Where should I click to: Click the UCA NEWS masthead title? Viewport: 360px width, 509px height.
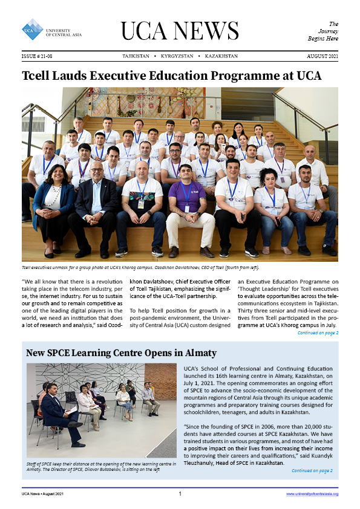(180, 30)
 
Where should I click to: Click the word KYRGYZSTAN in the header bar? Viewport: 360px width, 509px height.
(177, 56)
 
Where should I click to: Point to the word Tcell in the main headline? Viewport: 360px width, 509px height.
(39, 76)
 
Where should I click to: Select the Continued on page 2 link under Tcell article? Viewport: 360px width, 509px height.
(318, 333)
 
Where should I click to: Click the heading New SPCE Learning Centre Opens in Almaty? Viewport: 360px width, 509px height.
(121, 352)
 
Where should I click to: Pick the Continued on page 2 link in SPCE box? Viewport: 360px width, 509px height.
(312, 470)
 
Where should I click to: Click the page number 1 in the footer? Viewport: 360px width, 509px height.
(180, 494)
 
